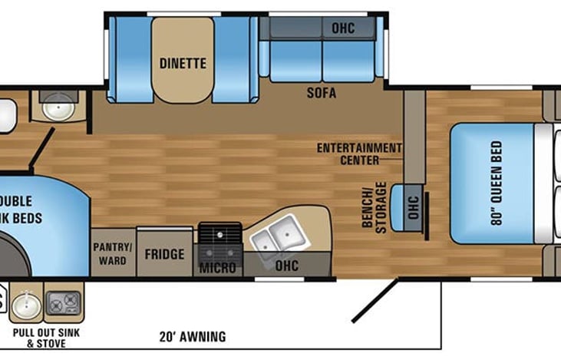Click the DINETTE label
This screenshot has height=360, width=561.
pos(182,64)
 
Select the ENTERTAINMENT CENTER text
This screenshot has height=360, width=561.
pos(359,154)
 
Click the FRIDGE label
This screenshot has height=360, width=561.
pos(164,254)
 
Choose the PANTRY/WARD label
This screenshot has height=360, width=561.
pos(114,253)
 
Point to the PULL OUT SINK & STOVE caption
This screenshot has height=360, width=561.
pos(46,338)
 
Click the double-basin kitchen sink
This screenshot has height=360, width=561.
pos(276,235)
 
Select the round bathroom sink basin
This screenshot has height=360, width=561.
pos(57,107)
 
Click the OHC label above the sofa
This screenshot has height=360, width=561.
pos(343,28)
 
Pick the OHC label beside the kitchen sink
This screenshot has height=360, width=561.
pos(289,267)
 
